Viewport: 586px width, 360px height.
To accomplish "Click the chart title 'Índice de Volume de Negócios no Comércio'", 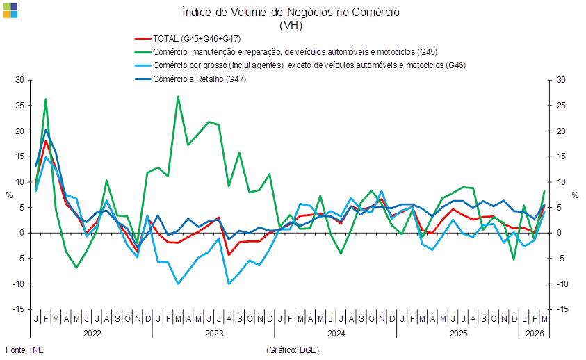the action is (291, 13).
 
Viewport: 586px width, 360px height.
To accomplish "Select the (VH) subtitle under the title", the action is (291, 26).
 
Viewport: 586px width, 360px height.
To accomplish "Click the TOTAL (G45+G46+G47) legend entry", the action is (188, 38).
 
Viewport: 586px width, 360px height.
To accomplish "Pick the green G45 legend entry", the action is (286, 52).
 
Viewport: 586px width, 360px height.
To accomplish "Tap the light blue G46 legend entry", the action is (300, 65).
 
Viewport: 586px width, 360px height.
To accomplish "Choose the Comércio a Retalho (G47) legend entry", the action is (190, 79).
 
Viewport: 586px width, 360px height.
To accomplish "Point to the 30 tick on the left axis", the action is (19, 80).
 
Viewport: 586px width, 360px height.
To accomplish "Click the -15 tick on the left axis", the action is (18, 309).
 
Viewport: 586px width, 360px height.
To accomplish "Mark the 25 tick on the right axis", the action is (561, 106).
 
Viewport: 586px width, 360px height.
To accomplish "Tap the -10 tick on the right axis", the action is (562, 284).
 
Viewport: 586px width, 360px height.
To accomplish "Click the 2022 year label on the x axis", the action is (92, 333).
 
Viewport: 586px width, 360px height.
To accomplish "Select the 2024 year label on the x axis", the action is (336, 333).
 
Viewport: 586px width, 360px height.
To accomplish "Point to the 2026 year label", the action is (535, 333).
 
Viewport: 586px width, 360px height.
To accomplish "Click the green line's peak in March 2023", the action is (178, 97).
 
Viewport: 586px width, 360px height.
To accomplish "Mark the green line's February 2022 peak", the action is (46, 99).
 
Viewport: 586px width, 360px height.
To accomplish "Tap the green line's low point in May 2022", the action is (76, 268).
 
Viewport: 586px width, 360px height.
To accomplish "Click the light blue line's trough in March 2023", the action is (178, 284).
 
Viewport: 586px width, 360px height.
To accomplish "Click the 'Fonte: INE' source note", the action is (24, 350).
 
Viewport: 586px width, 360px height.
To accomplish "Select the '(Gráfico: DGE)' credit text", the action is (293, 350).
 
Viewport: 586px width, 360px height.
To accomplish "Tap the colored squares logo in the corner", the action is (10, 10).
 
